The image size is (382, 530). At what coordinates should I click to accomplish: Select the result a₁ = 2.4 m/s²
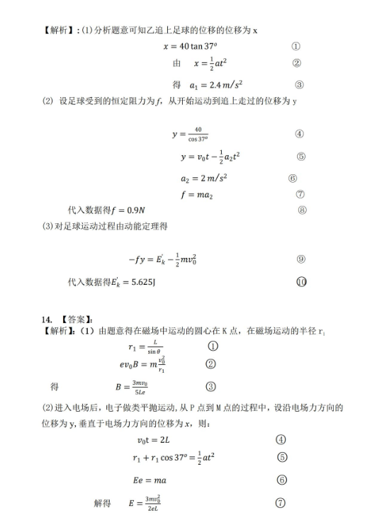pos(208,84)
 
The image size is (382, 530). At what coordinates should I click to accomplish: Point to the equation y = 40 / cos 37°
pos(190,134)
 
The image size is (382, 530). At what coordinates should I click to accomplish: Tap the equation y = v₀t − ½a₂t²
pos(210,157)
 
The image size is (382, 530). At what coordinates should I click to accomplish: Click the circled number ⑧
pos(302,210)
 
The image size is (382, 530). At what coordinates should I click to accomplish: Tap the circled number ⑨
pos(300,259)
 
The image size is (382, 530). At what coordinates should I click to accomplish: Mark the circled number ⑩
pos(301,281)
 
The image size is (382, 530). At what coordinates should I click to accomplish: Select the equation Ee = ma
pos(150,480)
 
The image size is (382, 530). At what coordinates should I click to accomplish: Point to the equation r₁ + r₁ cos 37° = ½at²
pos(174,458)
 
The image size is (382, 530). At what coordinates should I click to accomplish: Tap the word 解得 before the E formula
pos(102,503)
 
